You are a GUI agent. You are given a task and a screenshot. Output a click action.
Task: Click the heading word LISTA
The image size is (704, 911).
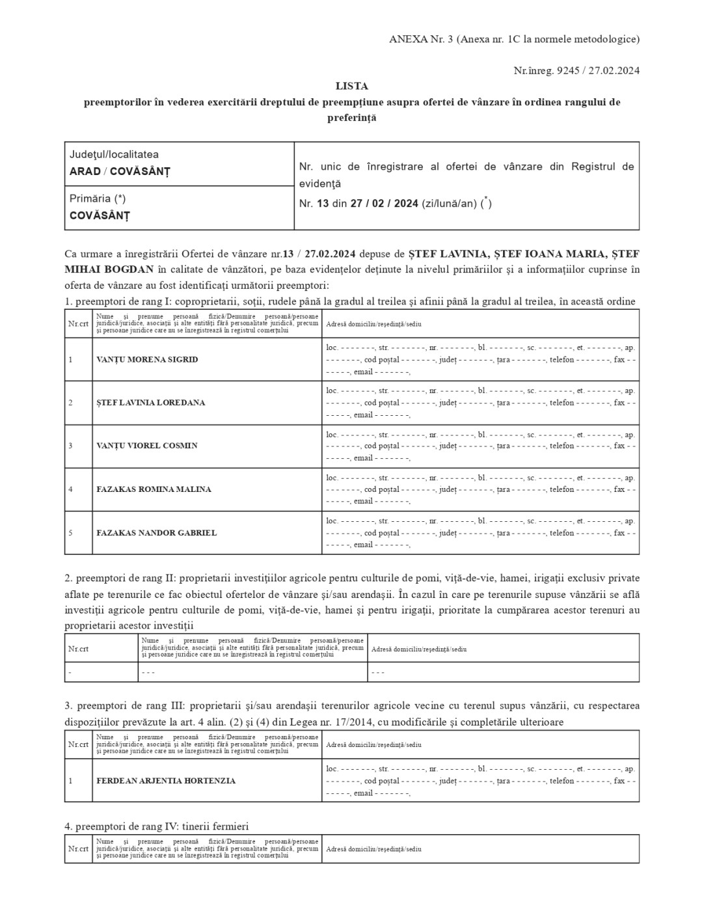click(x=351, y=86)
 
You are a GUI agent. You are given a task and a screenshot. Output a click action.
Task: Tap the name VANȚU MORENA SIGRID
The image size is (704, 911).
click(x=147, y=359)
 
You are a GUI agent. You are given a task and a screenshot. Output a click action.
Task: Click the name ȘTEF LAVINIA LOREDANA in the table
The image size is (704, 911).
click(x=150, y=403)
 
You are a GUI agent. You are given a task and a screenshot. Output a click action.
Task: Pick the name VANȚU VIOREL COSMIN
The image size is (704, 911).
click(x=146, y=446)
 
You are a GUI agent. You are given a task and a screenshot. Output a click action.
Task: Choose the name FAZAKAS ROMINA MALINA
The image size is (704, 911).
click(x=154, y=489)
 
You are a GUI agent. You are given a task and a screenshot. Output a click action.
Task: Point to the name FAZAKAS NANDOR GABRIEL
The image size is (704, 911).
click(x=156, y=533)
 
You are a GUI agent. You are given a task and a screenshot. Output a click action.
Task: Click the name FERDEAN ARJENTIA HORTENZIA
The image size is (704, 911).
click(x=166, y=781)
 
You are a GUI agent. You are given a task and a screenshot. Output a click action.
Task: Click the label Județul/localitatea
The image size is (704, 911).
click(x=114, y=155)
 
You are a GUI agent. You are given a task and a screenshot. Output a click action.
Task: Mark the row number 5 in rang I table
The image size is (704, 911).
click(x=70, y=533)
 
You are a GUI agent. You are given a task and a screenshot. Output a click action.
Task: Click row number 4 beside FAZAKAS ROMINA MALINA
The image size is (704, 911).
click(x=70, y=489)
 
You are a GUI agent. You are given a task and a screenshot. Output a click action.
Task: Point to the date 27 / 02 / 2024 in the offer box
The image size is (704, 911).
click(x=384, y=204)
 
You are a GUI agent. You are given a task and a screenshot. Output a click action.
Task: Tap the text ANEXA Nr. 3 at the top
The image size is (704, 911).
click(x=420, y=39)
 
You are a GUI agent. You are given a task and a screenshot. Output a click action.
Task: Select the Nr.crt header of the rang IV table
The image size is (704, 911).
click(x=78, y=849)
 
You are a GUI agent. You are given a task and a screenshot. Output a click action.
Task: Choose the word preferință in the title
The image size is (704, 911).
click(x=351, y=118)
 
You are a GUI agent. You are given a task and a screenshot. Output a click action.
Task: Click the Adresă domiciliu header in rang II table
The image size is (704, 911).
click(x=418, y=649)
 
